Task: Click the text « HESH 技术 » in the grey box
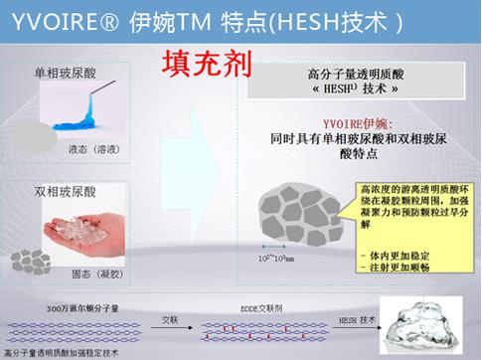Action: [x=355, y=88]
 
